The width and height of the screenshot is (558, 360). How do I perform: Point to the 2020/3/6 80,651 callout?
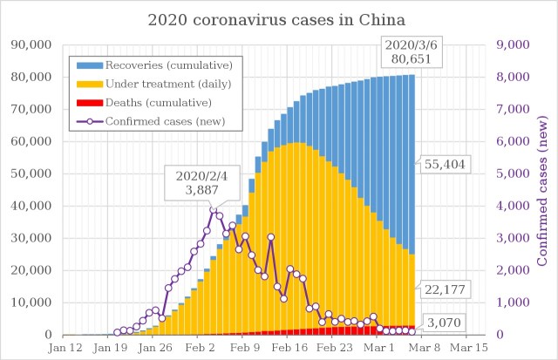point(412,54)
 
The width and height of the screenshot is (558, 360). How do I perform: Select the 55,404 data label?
point(445,164)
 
